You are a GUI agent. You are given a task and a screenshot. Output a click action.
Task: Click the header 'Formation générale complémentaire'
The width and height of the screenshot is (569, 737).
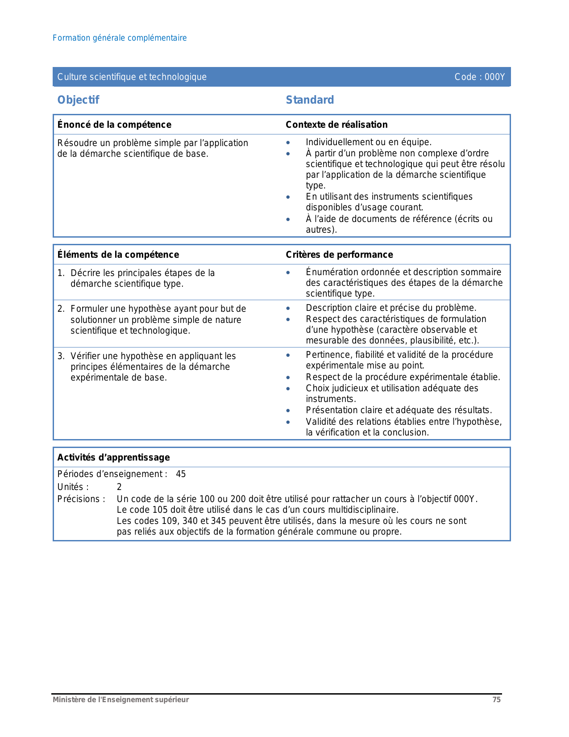click(x=120, y=38)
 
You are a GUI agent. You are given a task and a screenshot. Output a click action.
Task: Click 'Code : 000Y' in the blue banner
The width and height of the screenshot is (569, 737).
click(x=479, y=77)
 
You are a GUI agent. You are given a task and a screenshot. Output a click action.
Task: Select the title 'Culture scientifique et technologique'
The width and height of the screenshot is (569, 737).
click(x=132, y=77)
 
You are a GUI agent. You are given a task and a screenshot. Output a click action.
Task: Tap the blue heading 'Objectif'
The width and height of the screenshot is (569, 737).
click(x=78, y=100)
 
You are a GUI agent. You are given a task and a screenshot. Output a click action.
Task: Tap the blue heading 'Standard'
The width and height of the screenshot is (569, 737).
click(x=310, y=100)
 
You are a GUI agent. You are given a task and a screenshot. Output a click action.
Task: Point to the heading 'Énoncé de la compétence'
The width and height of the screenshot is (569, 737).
click(x=114, y=125)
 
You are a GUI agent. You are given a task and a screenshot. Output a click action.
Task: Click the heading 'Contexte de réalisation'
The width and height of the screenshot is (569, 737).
click(x=336, y=125)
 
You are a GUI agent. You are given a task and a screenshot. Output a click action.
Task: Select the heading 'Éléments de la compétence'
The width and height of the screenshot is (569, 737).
click(x=118, y=255)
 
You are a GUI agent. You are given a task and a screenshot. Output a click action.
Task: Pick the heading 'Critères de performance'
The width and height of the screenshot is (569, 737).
click(x=339, y=255)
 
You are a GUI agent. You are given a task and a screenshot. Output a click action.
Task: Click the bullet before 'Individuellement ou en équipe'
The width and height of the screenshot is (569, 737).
click(x=288, y=143)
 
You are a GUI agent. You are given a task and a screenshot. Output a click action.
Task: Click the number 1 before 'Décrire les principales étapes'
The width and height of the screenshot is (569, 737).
click(x=60, y=273)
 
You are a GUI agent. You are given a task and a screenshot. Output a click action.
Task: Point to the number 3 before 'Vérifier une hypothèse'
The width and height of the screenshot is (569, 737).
click(x=61, y=356)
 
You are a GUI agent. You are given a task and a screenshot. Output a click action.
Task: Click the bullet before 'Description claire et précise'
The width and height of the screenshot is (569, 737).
click(x=288, y=308)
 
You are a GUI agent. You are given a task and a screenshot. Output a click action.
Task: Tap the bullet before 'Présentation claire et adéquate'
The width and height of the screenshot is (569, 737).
click(x=288, y=410)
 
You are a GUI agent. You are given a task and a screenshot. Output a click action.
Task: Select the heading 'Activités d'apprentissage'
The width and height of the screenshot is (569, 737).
click(x=114, y=457)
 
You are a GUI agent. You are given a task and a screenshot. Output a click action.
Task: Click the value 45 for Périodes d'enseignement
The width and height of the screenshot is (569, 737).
click(x=181, y=474)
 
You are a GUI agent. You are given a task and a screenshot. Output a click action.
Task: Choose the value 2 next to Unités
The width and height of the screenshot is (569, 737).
click(x=119, y=487)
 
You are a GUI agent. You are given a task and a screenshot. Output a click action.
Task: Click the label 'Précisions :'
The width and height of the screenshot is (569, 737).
click(x=81, y=499)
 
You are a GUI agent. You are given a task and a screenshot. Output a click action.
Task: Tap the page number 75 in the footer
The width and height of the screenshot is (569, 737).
click(x=496, y=700)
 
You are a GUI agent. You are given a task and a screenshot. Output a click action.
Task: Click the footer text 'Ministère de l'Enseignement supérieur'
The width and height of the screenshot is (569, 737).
click(x=121, y=700)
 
